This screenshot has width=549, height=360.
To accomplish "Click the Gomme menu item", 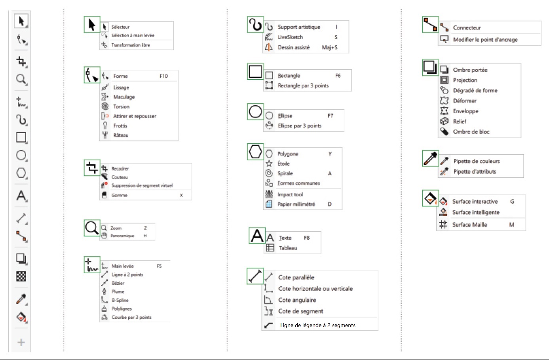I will (x=119, y=195).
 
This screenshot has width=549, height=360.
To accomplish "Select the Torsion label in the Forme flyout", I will (x=121, y=107).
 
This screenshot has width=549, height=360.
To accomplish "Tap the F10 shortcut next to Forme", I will (x=163, y=76).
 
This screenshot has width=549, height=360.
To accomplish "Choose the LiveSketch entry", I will (x=290, y=37).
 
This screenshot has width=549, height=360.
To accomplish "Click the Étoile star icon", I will (x=269, y=164).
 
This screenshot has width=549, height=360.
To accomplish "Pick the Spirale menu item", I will (x=285, y=173).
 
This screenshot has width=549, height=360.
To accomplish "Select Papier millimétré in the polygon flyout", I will (x=296, y=204).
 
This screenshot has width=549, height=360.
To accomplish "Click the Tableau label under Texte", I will (x=288, y=248).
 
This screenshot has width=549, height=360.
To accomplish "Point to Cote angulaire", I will (x=297, y=300).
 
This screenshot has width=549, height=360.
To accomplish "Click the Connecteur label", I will (x=467, y=28).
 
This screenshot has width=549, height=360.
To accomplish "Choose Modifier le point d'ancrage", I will (x=485, y=40).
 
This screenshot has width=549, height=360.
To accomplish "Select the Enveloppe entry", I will (x=465, y=111).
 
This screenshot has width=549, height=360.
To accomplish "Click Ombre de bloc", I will (x=471, y=132).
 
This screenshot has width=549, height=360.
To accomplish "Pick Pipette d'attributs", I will (x=475, y=172).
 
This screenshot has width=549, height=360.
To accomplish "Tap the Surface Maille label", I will (x=469, y=225).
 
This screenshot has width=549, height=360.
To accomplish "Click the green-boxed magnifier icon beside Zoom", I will (x=92, y=228).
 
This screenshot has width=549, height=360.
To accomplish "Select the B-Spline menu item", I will (x=120, y=300).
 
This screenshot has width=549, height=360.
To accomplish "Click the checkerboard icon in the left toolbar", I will (x=21, y=276).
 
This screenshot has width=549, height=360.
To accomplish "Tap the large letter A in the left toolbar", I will (x=21, y=196).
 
